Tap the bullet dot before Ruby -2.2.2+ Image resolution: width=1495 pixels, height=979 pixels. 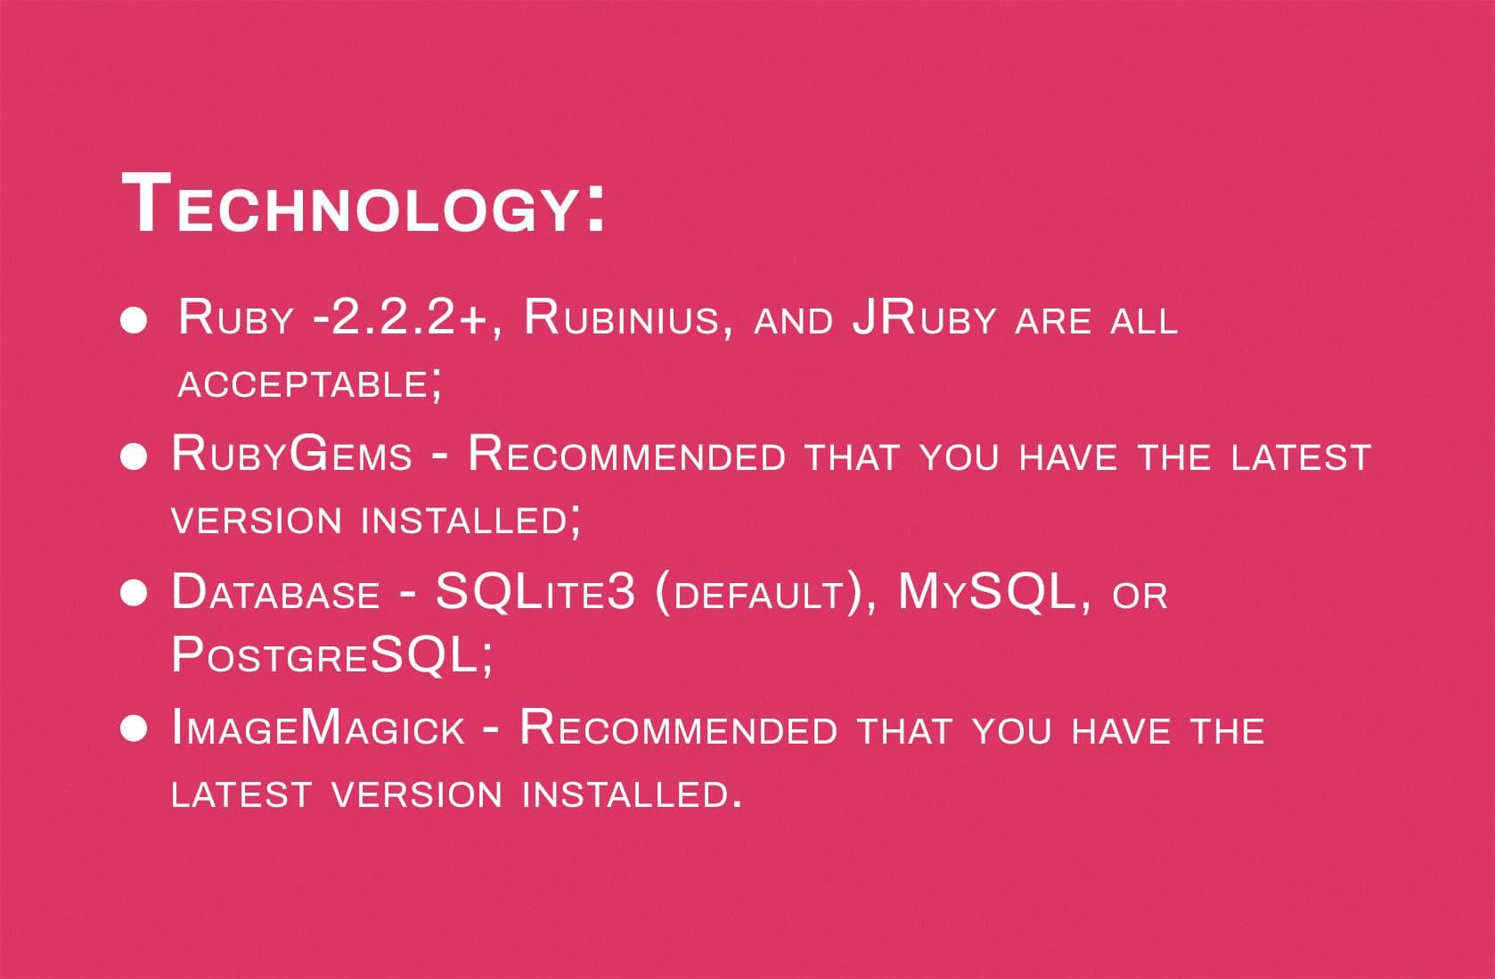[x=134, y=321]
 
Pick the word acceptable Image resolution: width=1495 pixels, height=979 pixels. [x=303, y=385]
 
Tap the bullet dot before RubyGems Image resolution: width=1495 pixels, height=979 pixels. [x=134, y=457]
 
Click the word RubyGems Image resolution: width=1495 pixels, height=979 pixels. [x=291, y=455]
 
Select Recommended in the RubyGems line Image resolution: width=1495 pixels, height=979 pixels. [x=626, y=455]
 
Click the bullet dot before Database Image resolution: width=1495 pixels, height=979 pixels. [x=134, y=594]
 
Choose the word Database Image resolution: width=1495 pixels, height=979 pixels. [x=275, y=593]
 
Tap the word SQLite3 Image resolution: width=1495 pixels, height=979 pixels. [x=535, y=592]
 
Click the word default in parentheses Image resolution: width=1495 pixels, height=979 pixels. [x=758, y=596]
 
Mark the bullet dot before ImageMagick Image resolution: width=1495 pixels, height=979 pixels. [x=134, y=730]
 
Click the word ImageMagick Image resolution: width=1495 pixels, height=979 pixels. [x=318, y=728]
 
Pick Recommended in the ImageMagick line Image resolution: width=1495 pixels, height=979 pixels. [x=678, y=728]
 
